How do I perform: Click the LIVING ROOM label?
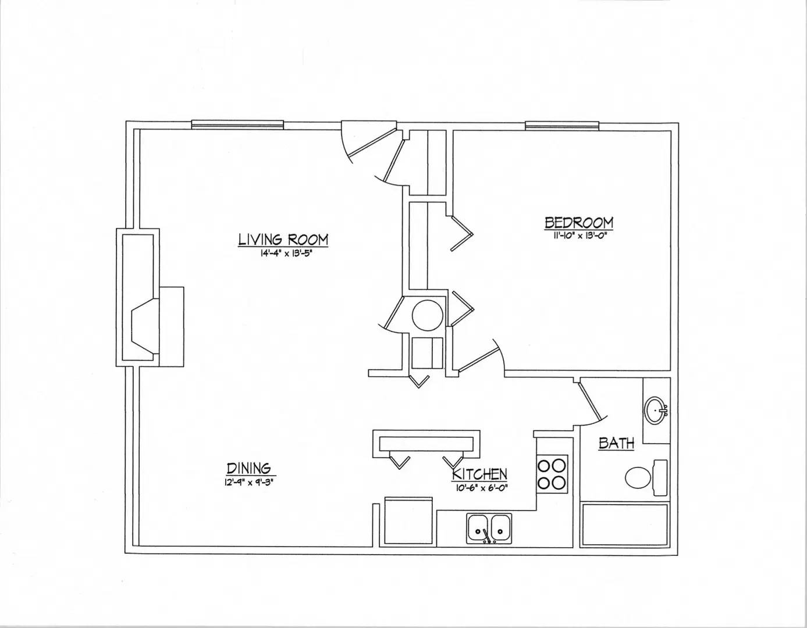click(x=283, y=240)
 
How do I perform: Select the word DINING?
click(x=249, y=468)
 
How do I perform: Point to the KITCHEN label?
click(x=479, y=474)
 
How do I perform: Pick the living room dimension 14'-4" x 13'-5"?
click(x=285, y=254)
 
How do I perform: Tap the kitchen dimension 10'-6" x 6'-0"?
click(x=480, y=488)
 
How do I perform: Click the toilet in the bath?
click(x=645, y=477)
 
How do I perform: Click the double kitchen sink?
click(x=489, y=529)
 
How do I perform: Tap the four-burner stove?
click(x=552, y=474)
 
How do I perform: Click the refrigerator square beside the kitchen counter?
click(x=408, y=521)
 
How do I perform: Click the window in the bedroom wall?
click(x=562, y=126)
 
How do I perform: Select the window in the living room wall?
click(x=237, y=124)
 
